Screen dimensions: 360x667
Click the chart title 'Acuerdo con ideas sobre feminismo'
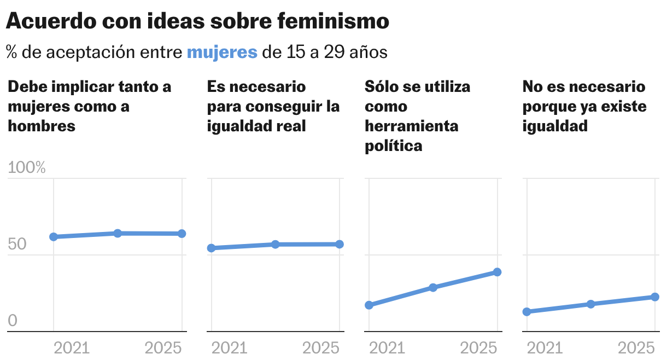(x=197, y=21)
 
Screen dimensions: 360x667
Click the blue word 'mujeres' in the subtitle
(x=222, y=53)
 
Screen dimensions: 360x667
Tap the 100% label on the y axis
(x=27, y=168)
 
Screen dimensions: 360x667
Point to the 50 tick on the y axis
(x=17, y=245)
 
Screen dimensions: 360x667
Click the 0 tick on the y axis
(x=13, y=321)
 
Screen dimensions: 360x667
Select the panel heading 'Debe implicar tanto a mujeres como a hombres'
(x=89, y=106)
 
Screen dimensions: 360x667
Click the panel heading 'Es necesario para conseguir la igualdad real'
(x=273, y=106)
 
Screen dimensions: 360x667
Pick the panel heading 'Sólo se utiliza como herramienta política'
(x=417, y=116)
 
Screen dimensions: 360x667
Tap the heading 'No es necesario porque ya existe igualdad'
(x=584, y=106)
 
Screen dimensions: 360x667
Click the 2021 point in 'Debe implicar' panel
(x=54, y=237)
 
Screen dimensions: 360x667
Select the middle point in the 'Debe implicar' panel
(x=118, y=233)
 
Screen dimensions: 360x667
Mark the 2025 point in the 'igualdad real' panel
(x=340, y=244)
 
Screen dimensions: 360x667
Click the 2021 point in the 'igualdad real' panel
(x=211, y=248)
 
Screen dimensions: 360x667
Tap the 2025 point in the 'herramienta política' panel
(x=497, y=272)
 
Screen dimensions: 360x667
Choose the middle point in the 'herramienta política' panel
(x=433, y=287)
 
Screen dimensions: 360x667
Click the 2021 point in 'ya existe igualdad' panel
(x=526, y=312)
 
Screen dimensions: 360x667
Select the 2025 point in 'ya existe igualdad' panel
(x=655, y=297)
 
